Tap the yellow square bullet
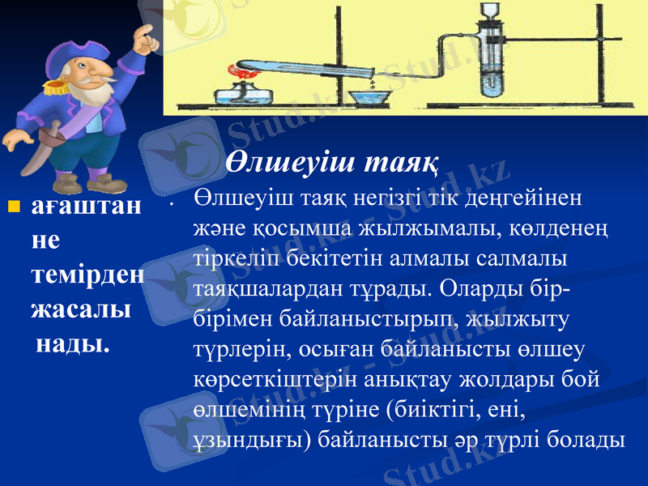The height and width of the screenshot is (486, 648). pyautogui.click(x=12, y=207)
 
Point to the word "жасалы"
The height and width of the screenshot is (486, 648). pyautogui.click(x=81, y=309)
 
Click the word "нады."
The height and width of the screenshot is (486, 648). pyautogui.click(x=73, y=343)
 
